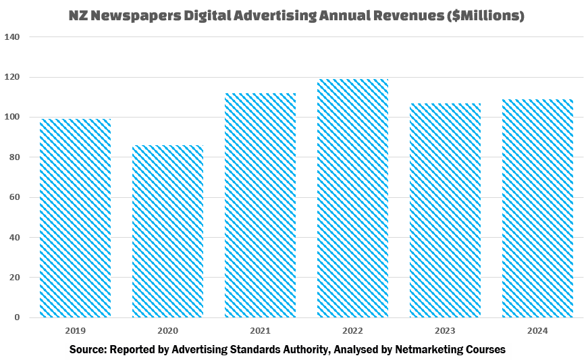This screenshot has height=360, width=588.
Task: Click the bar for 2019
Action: pos(75,218)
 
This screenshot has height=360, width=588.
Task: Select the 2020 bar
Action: pos(167,231)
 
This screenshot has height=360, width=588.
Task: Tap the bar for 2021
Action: pos(260,205)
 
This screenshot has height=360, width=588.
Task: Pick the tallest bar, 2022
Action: pos(352,198)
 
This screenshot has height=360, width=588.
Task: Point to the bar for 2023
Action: pos(445,210)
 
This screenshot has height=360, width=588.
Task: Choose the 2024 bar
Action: pos(537,208)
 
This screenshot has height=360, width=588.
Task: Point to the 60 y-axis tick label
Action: pos(15,197)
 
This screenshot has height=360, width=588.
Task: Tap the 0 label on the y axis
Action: pos(18,317)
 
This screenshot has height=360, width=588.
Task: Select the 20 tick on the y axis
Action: pos(15,278)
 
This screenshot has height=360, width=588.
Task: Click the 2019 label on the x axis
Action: pos(75,331)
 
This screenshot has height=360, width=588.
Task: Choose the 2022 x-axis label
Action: pos(352,331)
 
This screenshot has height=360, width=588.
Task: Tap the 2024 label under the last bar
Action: pos(537,331)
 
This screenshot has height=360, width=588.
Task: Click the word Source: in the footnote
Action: pos(90,349)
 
